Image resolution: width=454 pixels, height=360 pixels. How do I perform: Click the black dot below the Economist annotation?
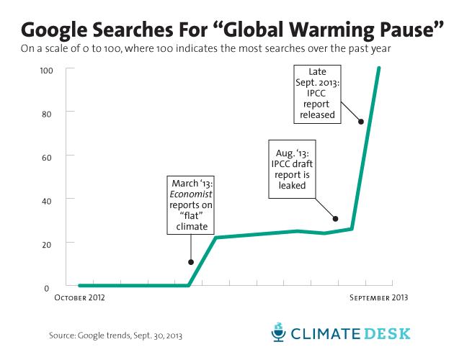point(191,262)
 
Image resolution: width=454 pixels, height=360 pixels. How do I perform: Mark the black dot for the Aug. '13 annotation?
point(335,218)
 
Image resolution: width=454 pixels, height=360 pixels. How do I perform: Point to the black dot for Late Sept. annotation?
point(360,121)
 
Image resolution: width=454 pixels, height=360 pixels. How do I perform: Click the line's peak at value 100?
point(379,68)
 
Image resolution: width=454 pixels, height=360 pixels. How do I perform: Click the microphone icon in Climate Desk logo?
point(277,333)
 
